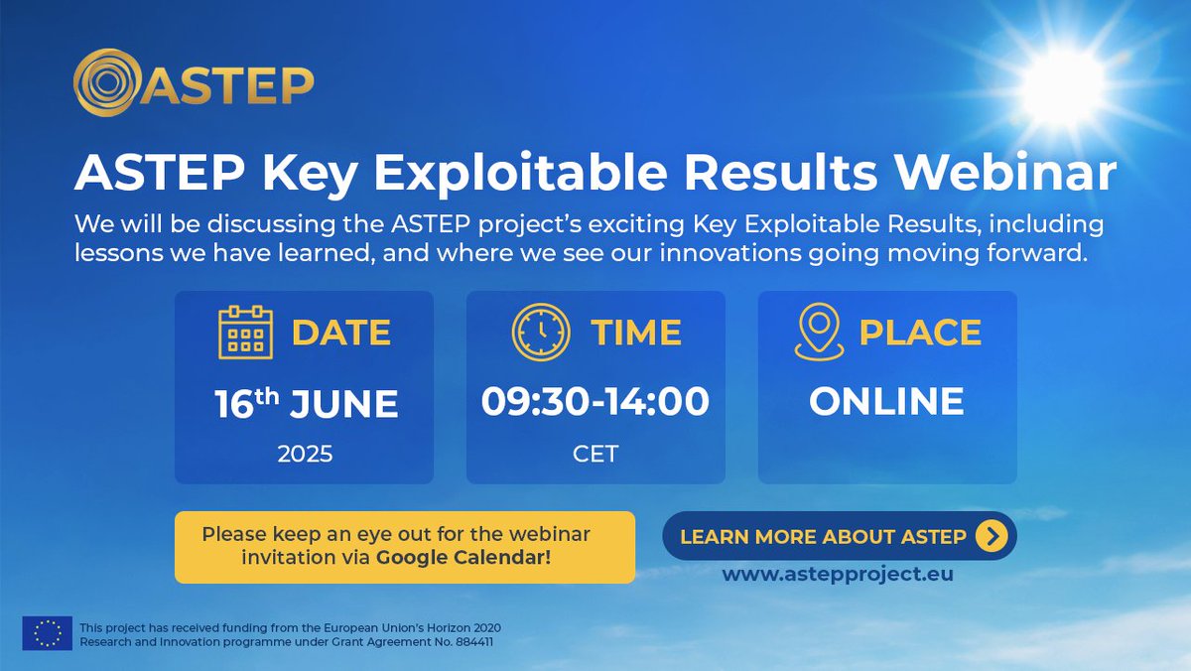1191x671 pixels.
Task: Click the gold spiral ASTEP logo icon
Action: (x=107, y=82)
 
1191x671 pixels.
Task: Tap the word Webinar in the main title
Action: (x=1006, y=173)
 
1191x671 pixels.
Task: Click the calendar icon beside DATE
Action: (x=246, y=333)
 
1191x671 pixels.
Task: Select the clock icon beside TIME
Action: (x=541, y=333)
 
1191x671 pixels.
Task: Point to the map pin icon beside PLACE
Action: (x=820, y=332)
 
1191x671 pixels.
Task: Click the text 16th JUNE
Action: (x=307, y=403)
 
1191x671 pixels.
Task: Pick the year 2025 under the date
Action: (x=306, y=454)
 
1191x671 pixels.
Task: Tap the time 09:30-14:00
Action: (x=595, y=401)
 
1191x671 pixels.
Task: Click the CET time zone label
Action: (x=595, y=454)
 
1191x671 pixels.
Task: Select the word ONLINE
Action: (x=886, y=401)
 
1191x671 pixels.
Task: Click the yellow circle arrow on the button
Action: (x=992, y=536)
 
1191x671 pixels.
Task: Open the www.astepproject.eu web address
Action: (x=838, y=575)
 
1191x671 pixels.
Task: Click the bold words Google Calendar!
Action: (x=463, y=558)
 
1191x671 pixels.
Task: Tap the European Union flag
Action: (x=48, y=633)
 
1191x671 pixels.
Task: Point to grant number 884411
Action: (x=474, y=642)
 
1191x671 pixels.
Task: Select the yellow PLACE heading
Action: (x=920, y=333)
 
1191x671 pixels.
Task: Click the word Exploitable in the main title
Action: (x=520, y=174)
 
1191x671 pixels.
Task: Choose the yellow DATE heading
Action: (x=341, y=333)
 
